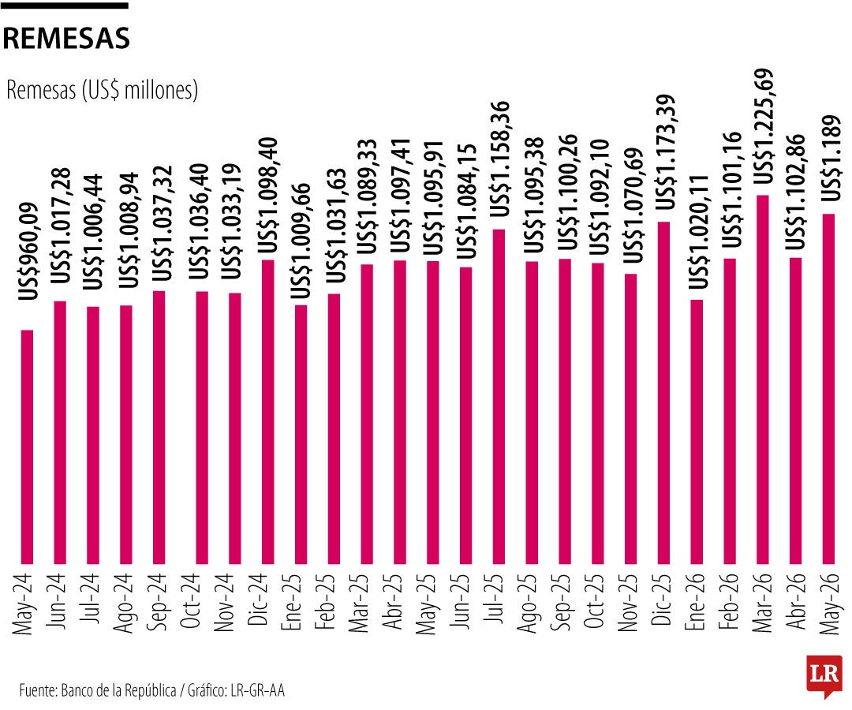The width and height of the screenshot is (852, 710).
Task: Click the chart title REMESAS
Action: tap(66, 38)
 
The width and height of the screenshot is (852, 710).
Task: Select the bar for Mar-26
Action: tap(762, 379)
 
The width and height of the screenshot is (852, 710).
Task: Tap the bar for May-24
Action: tap(27, 447)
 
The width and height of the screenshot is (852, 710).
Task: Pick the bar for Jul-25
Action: tap(499, 397)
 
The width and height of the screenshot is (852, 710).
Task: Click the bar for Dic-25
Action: tap(663, 393)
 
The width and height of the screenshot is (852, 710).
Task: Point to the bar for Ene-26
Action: tap(697, 432)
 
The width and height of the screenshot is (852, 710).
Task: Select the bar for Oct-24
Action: tap(202, 428)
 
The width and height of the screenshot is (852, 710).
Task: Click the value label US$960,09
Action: tap(28, 251)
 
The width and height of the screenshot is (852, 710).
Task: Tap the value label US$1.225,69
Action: tap(764, 126)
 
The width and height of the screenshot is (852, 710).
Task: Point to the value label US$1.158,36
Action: tap(500, 159)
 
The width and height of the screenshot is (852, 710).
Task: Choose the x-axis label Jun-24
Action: tap(58, 601)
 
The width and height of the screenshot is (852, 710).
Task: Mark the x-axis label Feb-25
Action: tap(326, 601)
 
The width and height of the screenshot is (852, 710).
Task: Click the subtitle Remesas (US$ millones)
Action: tap(102, 90)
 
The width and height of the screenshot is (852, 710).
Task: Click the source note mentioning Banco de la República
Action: tap(151, 690)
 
